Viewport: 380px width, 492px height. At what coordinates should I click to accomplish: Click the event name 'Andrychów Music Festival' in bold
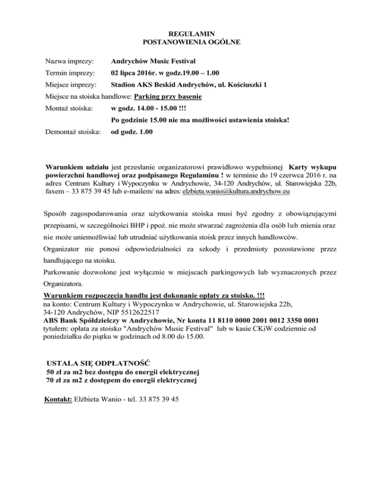[153, 61]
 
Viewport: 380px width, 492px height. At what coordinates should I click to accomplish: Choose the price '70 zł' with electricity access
[54, 380]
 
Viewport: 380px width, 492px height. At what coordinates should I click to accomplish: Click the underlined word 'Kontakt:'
[58, 398]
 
